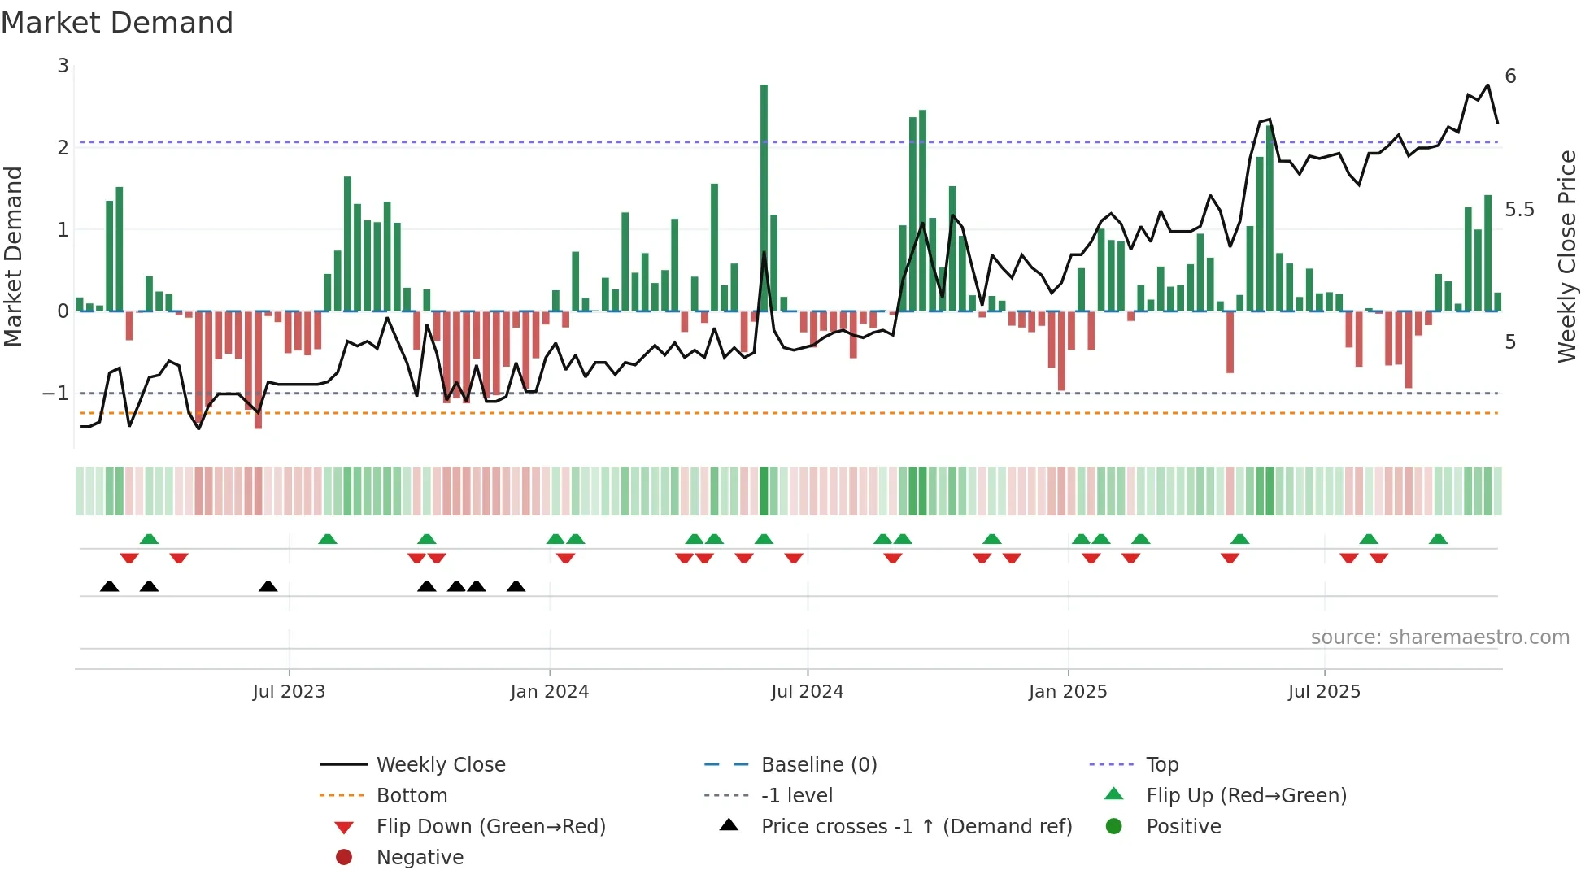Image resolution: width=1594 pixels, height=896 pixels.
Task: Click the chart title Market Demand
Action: [117, 23]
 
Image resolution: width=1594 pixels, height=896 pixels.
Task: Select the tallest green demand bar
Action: [764, 195]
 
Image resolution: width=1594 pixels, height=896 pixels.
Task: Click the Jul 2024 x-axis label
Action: [807, 692]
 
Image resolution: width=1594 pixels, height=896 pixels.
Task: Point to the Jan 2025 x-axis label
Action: [1067, 692]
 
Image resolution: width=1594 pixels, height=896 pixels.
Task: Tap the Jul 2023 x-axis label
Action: [289, 692]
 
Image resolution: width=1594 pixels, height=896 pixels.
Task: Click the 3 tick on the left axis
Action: [63, 66]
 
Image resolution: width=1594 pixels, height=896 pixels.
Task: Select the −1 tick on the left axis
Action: [56, 394]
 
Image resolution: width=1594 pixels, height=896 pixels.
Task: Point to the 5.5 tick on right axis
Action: [1519, 210]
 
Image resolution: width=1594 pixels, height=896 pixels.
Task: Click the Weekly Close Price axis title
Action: [1566, 256]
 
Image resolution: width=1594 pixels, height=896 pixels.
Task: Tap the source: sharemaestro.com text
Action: [1439, 637]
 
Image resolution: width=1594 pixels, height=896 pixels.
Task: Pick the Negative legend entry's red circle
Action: [344, 858]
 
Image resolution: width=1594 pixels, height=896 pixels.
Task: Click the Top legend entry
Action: [1161, 765]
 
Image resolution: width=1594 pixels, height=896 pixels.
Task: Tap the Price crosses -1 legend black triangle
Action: [729, 825]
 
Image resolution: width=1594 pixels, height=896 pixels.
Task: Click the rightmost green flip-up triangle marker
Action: [1438, 539]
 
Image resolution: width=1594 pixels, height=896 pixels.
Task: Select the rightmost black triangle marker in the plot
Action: [516, 586]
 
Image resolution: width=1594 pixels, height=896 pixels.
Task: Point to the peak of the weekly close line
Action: [1487, 85]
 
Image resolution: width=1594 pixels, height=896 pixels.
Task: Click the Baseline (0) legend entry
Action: [818, 765]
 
